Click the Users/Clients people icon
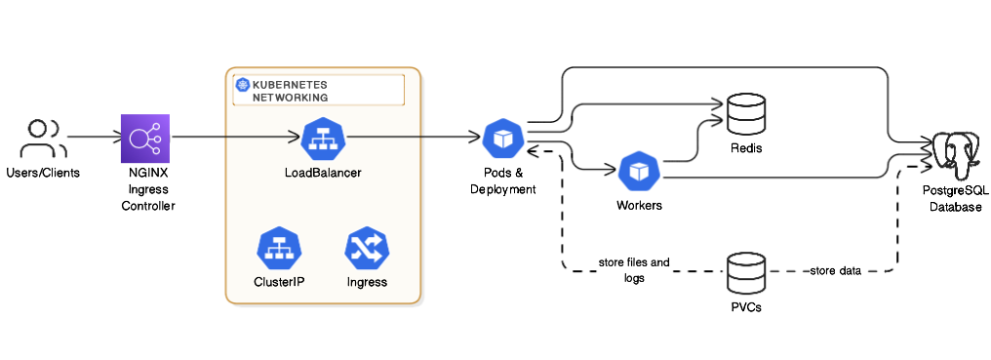pos(43,139)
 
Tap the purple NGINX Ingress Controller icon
pos(145,139)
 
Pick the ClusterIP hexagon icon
pos(278,248)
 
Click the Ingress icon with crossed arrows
pos(367,248)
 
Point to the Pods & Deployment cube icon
pos(502,140)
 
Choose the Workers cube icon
pos(639,172)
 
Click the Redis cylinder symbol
pos(745,114)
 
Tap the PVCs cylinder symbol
pos(745,273)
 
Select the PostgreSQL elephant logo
pos(955,153)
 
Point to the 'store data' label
pos(836,270)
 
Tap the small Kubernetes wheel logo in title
pos(242,85)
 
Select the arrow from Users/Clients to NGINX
pos(92,139)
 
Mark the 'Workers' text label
pos(639,206)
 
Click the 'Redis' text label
pos(745,148)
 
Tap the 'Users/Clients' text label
pos(43,173)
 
